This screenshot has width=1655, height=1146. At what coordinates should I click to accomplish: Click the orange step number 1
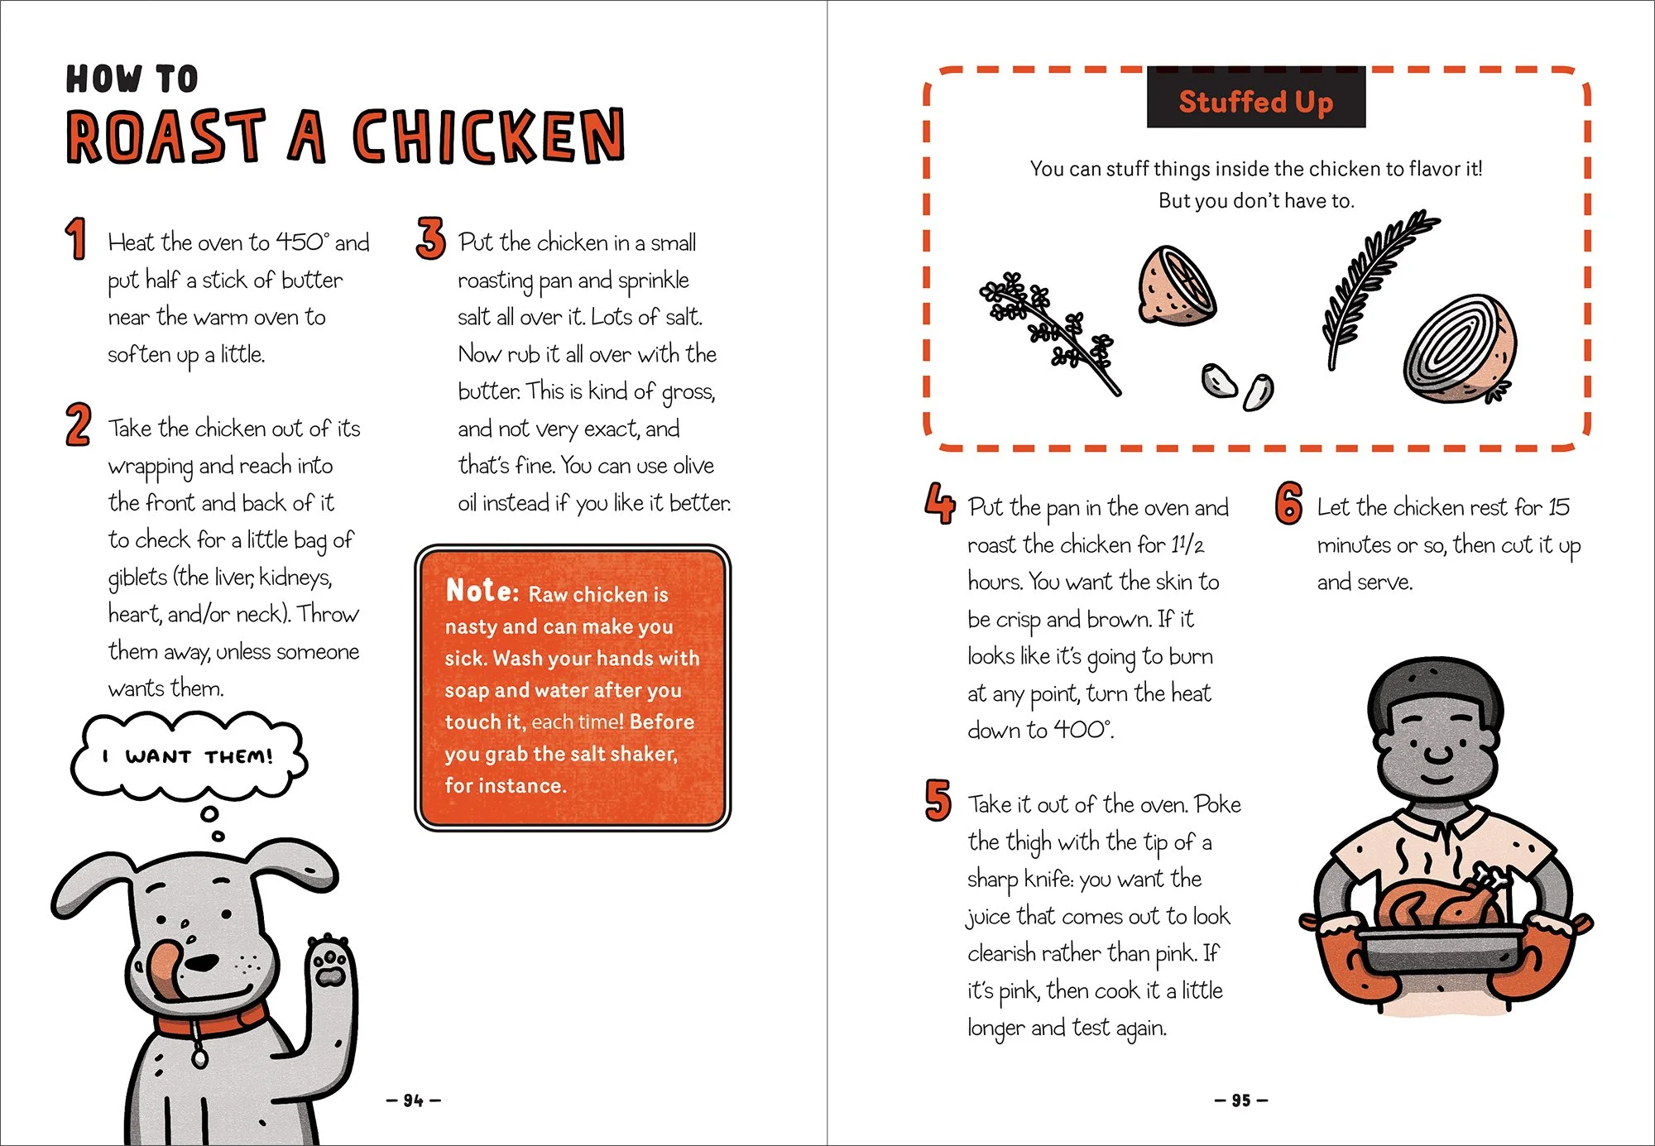(76, 238)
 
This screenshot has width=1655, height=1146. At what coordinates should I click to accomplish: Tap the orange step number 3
(430, 238)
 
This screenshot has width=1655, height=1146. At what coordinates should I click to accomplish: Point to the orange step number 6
(1288, 503)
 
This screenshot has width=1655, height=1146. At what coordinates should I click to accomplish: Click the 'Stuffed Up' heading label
(1255, 101)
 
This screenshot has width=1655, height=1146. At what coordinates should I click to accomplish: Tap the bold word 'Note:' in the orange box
(482, 591)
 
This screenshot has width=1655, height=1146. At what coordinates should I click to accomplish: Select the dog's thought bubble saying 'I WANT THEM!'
(189, 755)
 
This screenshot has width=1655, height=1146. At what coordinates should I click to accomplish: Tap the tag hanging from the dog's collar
(199, 1057)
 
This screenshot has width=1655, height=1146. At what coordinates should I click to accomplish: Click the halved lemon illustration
(1176, 285)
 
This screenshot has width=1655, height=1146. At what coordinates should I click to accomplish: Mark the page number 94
(413, 1100)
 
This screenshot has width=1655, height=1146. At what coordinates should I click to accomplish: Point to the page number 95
(1240, 1100)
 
